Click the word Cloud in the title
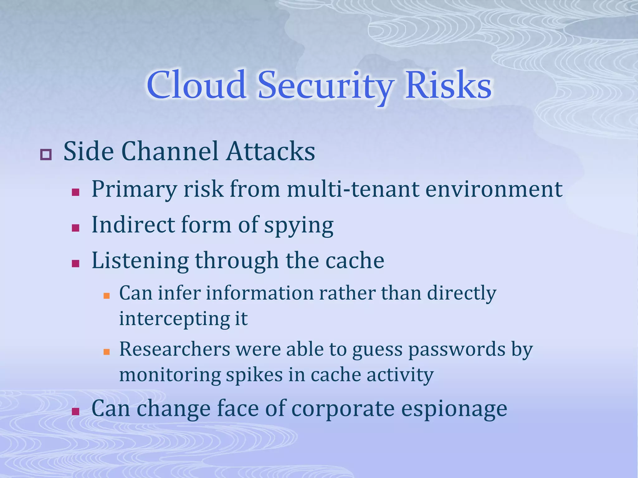point(196,85)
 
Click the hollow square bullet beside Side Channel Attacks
point(46,155)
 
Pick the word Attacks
point(271,151)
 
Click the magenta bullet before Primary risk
point(75,192)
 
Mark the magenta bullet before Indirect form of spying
point(75,228)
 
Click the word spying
point(299,225)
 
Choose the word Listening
point(140,261)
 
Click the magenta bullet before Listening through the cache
point(75,264)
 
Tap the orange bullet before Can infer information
point(107,296)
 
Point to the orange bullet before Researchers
point(107,352)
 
